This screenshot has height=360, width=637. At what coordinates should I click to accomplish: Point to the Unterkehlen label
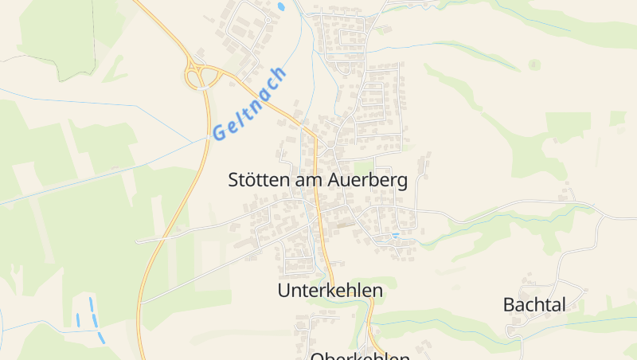coord(330,291)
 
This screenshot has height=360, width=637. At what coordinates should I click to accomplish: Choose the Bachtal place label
coord(534,304)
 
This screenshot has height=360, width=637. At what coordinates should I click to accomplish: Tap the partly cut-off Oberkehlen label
coord(360,356)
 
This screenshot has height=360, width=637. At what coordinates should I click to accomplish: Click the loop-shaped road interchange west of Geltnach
coord(202,75)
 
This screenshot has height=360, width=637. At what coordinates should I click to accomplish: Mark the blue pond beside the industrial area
coord(280,7)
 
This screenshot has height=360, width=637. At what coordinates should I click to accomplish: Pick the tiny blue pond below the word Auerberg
coord(396,235)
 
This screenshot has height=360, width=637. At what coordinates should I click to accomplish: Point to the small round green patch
coord(534,64)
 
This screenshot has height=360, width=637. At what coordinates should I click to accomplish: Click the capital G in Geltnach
coord(218,133)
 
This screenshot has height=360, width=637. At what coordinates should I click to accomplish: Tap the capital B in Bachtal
coord(510,304)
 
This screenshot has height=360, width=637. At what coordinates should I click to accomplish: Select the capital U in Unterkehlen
coord(284,291)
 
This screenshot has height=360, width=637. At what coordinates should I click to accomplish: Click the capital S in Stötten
coord(233,180)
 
